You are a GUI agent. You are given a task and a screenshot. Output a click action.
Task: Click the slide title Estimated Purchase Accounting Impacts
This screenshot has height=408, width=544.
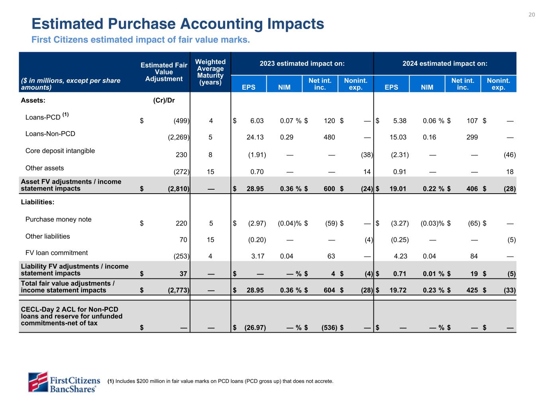[178, 24]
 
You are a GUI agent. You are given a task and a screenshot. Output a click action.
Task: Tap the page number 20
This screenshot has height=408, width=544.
[532, 15]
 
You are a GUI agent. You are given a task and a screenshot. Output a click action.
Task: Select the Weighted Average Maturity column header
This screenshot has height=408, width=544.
[210, 72]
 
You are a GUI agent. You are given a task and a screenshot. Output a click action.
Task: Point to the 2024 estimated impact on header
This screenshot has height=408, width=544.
[445, 64]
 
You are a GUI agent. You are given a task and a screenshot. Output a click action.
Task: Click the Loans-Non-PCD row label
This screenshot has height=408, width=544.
[50, 134]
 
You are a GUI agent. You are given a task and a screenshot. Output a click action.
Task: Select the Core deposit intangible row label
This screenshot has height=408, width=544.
[60, 151]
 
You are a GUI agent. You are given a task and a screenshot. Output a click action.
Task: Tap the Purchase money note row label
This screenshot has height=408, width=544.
[59, 220]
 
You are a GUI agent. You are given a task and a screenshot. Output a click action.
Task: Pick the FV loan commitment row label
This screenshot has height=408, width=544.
[57, 253]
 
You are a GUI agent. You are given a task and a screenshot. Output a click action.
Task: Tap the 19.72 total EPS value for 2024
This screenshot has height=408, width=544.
[398, 290]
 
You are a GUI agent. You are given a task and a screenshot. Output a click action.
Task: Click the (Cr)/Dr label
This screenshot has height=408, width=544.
[164, 100]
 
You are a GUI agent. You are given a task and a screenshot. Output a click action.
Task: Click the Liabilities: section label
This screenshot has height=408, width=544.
[37, 202]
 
